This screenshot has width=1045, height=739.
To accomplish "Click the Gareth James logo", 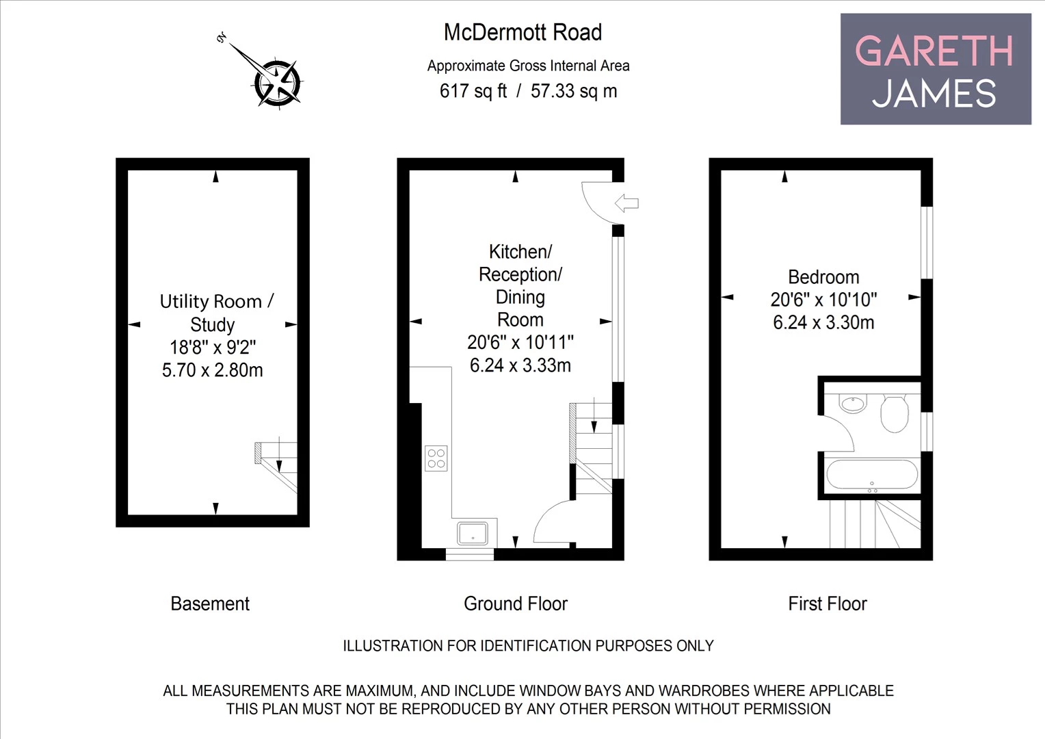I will click(935, 69).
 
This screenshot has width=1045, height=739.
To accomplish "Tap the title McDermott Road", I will click(522, 32).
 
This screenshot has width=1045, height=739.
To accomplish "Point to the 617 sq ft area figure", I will click(473, 91).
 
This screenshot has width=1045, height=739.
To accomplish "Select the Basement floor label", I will click(210, 604).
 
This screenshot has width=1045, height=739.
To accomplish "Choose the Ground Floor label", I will click(516, 604).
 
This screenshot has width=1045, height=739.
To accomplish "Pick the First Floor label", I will click(827, 604).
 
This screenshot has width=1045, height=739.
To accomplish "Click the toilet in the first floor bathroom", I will click(894, 413).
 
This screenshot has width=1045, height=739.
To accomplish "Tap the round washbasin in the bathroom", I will click(853, 403).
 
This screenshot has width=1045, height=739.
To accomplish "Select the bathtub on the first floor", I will click(871, 474).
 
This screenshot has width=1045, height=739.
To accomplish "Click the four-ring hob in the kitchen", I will click(436, 458).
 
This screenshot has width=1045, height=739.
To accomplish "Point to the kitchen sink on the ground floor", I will click(473, 532).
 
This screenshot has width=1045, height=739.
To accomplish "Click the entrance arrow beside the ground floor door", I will click(626, 203).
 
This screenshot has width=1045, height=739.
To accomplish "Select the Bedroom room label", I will click(823, 277).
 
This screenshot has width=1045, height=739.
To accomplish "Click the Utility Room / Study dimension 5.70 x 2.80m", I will click(212, 370).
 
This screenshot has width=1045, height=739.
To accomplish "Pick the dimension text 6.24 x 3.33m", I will click(520, 365).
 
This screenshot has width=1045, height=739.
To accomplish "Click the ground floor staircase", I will click(592, 449).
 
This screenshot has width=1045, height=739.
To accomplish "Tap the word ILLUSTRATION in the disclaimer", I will click(392, 645).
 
